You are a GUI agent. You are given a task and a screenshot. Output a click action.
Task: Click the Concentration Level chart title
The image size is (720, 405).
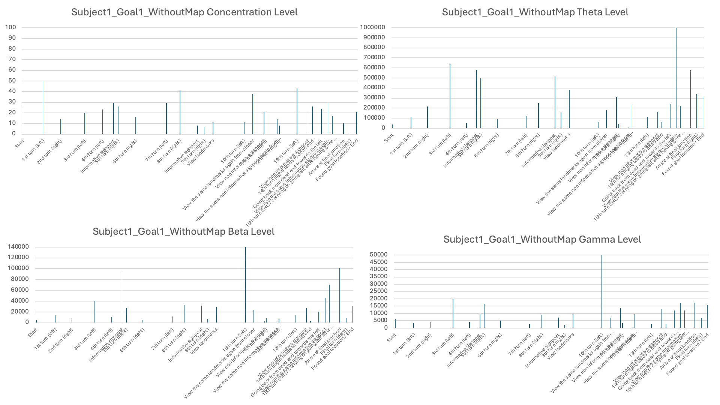(184, 12)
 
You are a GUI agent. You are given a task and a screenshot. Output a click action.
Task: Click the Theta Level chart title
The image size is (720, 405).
(535, 12)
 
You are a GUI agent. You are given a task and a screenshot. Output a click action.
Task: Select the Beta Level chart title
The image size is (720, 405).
(183, 231)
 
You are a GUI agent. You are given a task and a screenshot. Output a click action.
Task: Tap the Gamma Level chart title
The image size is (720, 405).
(542, 239)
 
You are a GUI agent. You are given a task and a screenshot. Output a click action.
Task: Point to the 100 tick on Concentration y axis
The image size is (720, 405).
(10, 27)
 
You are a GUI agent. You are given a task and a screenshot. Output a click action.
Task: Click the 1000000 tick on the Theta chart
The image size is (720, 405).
(372, 27)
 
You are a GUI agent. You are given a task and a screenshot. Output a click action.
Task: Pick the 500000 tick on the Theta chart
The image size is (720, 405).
(373, 78)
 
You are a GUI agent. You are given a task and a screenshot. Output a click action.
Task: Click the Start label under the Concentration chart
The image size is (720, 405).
(19, 144)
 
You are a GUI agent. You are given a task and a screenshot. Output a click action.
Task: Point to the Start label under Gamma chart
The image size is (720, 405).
(391, 338)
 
